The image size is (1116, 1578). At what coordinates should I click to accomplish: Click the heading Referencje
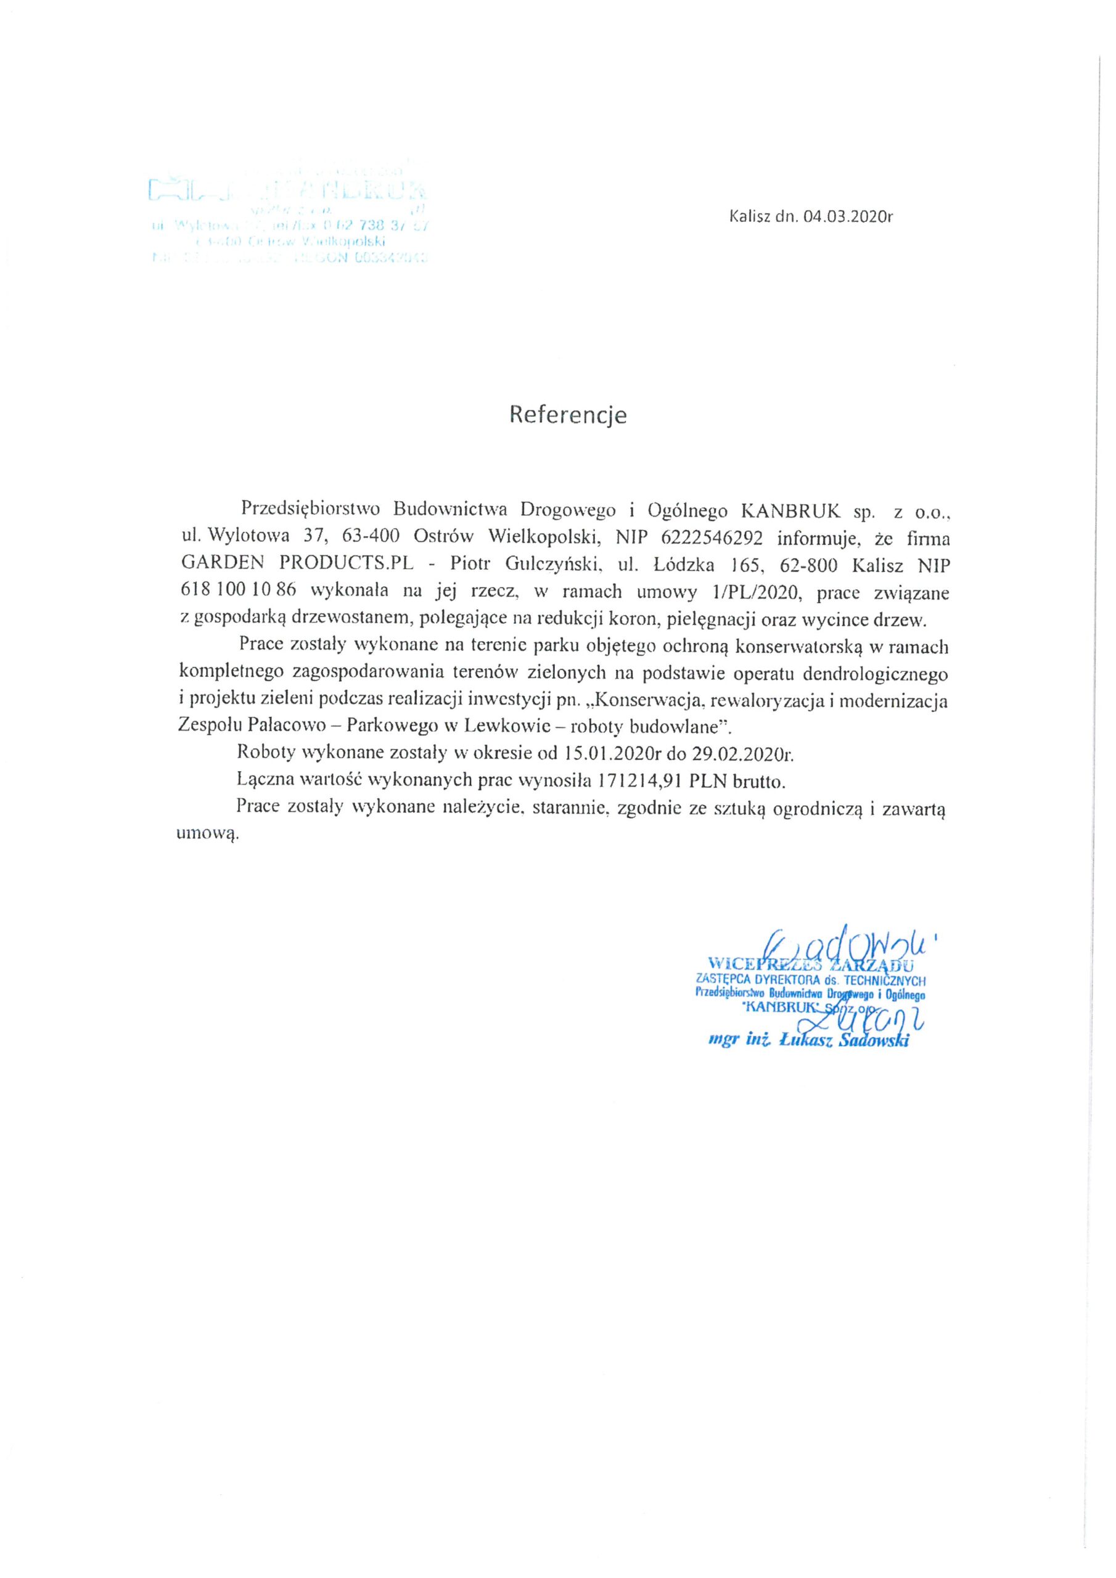[x=567, y=414]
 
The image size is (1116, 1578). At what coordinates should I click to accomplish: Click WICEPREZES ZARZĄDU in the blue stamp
[x=811, y=961]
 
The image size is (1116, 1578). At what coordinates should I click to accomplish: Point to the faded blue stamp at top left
[x=289, y=220]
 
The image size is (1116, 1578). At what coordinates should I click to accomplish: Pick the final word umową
[x=207, y=835]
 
